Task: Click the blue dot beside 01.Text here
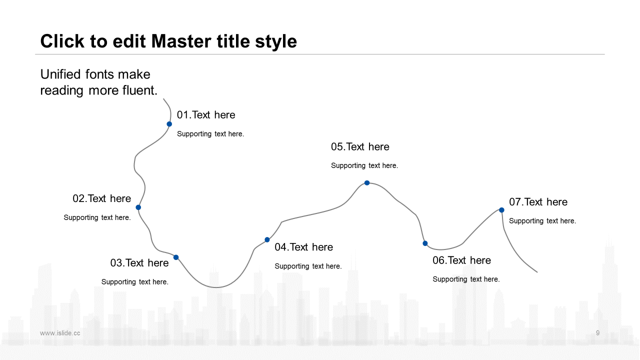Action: [169, 124]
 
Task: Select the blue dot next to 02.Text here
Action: [138, 207]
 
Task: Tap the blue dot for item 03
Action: [176, 257]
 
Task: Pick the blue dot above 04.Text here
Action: [267, 239]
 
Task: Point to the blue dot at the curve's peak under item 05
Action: [367, 183]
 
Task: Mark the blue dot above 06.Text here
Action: [425, 243]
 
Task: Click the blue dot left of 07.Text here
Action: [501, 210]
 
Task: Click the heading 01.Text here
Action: [206, 115]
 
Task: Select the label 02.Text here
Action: [101, 198]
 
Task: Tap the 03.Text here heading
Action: [139, 263]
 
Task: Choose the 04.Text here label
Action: [303, 247]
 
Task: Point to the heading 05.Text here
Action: [360, 147]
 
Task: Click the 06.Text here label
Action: [461, 260]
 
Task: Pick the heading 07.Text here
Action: [538, 202]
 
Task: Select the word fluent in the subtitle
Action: [140, 90]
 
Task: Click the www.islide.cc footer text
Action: [60, 333]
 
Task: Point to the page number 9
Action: [597, 333]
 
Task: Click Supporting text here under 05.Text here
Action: [364, 165]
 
